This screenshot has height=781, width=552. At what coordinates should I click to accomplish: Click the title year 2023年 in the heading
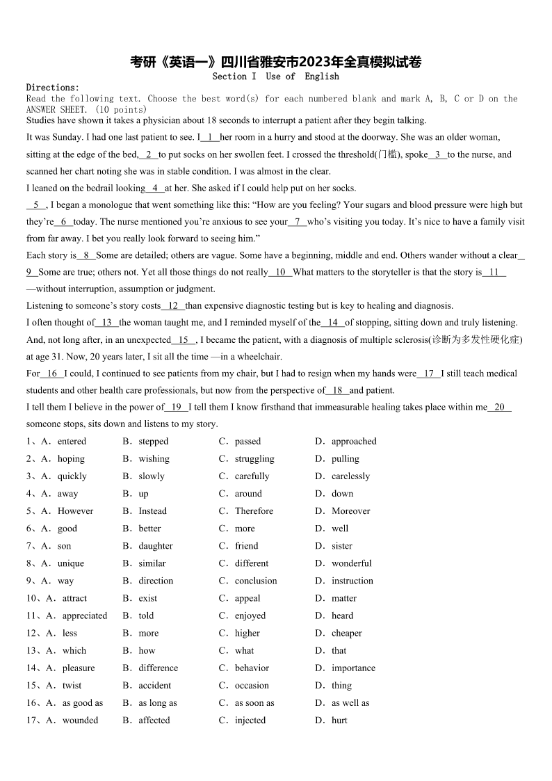click(325, 63)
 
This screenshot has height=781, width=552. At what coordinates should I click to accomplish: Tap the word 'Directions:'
click(53, 88)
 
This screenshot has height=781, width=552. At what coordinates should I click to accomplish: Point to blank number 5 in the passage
click(36, 205)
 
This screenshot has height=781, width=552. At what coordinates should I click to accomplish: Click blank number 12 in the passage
click(173, 306)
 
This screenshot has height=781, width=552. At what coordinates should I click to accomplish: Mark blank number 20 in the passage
click(499, 408)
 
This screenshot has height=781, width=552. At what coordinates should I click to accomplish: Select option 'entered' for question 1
click(72, 442)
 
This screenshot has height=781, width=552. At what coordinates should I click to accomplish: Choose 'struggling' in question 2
click(254, 459)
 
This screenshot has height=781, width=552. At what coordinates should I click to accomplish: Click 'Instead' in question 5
click(152, 511)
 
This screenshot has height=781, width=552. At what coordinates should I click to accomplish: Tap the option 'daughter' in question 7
click(156, 546)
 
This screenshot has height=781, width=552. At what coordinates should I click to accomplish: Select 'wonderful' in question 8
click(351, 563)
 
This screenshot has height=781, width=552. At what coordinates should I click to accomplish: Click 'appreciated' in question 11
click(85, 615)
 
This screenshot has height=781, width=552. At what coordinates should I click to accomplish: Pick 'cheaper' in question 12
click(346, 634)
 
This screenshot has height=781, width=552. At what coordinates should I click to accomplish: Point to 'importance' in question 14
click(353, 668)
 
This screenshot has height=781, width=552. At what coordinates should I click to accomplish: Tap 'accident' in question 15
click(154, 686)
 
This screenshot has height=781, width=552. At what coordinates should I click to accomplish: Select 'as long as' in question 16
click(158, 703)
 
